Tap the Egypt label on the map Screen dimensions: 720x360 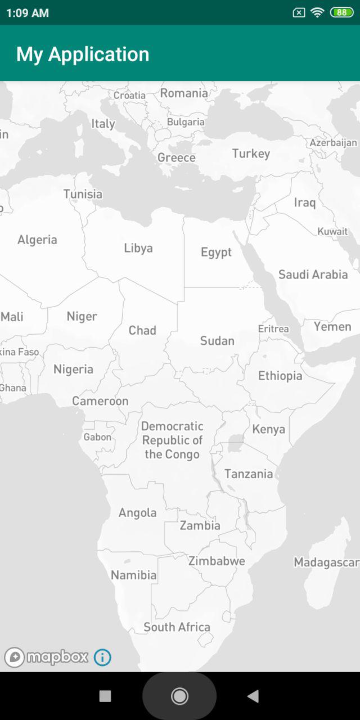216,252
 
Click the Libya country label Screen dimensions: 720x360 138,248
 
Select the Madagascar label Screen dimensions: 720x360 326,562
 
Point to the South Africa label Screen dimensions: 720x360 177,627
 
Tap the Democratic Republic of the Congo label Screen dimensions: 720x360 172,440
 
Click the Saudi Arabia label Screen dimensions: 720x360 313,274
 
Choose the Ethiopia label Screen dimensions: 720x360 280,376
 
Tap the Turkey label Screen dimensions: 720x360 251,154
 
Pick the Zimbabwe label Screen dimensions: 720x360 217,561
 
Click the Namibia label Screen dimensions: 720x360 133,575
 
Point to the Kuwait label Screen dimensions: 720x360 332,231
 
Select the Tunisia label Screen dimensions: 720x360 83,194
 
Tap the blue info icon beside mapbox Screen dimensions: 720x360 102,657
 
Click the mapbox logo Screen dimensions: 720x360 47,657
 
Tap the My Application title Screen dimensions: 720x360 83,54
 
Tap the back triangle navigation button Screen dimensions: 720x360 253,696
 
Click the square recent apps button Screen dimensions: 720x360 105,696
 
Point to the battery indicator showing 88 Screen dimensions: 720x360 341,12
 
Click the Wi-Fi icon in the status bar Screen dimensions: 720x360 317,12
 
